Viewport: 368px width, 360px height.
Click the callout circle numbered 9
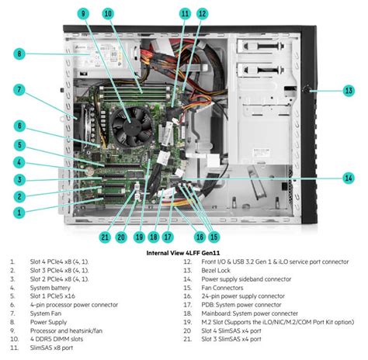coord(83,14)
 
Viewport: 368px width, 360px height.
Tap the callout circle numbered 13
coord(349,91)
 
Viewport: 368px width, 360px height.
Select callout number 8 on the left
coord(18,54)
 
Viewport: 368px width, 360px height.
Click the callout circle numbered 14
coord(349,178)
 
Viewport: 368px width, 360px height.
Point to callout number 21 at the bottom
coord(105,237)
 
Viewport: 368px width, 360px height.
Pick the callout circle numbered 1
coord(18,211)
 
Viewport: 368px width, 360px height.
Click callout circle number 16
coord(200,237)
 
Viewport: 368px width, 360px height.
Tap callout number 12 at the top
coord(202,14)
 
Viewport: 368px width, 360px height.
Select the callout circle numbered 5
coord(18,144)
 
